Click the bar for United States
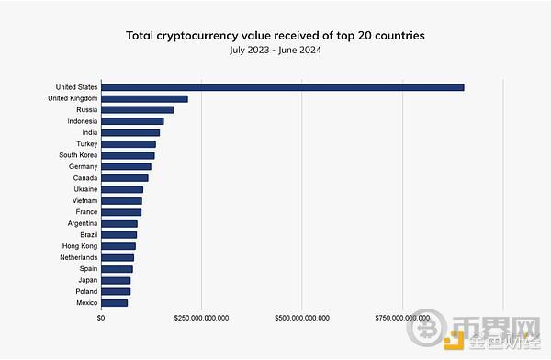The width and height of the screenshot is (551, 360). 282,87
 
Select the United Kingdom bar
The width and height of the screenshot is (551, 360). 144,98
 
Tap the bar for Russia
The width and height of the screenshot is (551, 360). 137,110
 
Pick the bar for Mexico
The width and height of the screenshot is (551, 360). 114,302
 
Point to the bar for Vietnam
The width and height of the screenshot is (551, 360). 121,200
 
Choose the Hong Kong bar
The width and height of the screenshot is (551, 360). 118,246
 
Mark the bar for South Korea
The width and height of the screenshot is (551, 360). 128,155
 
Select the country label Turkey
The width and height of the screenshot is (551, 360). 86,144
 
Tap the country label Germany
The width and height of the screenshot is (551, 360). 83,166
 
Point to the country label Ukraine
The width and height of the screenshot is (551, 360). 85,189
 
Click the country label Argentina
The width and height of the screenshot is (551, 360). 82,223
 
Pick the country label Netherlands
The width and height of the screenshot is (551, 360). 79,257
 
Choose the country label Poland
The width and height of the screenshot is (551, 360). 85,291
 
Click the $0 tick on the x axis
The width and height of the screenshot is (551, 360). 101,318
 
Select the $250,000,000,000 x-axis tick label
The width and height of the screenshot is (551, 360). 201,318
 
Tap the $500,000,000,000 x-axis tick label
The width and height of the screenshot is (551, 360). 302,318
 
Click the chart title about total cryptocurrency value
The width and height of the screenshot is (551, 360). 275,35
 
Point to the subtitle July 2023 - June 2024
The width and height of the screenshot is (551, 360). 275,50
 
